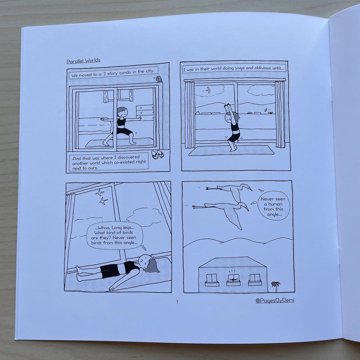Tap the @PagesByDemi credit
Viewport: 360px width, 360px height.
275,300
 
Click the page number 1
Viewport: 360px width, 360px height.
177,302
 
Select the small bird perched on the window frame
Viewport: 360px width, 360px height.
159,79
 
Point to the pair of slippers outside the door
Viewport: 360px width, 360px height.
157,154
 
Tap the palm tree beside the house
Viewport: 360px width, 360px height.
276,286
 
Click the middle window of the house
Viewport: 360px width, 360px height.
233,279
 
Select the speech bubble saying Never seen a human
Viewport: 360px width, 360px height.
274,206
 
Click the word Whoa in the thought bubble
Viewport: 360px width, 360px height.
102,228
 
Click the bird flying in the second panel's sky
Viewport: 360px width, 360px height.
208,90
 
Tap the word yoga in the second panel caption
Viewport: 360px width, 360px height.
240,68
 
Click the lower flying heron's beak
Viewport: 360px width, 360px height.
246,209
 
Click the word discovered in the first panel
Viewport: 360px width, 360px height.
129,157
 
